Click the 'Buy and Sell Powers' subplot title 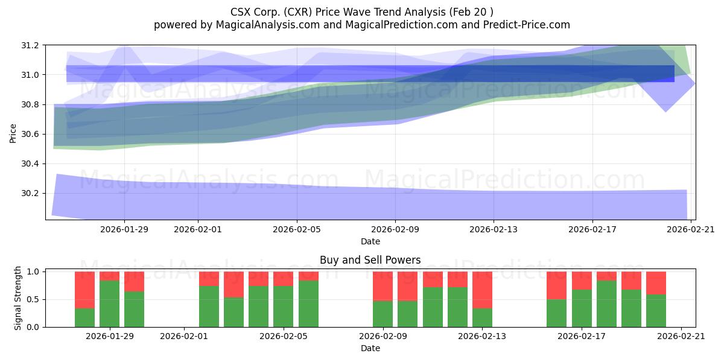tap(370, 260)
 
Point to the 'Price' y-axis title tap(13, 133)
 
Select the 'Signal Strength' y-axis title tap(18, 298)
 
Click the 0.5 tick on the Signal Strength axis tap(34, 299)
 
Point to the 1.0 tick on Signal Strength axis tap(34, 271)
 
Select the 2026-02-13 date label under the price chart tap(494, 229)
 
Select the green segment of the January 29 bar tap(109, 303)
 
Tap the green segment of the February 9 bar tap(383, 314)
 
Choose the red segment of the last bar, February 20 tap(656, 282)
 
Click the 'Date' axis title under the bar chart tap(370, 348)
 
